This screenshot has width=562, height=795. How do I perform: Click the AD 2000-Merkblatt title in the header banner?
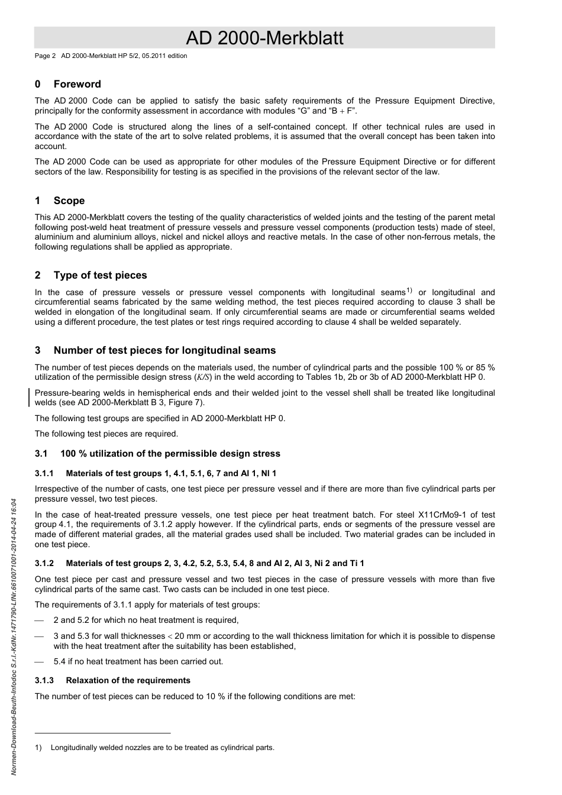(x=264, y=38)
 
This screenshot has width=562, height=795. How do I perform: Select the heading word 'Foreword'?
(x=77, y=85)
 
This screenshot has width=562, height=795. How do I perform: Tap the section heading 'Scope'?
(x=69, y=201)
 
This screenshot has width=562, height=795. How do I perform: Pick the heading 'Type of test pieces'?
(x=100, y=276)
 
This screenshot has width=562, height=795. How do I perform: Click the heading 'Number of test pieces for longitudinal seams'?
(x=164, y=351)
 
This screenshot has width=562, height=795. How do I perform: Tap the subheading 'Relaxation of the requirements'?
(x=128, y=681)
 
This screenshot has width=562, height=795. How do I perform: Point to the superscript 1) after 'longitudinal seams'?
(x=409, y=290)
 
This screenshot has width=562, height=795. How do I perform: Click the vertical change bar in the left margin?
(x=30, y=397)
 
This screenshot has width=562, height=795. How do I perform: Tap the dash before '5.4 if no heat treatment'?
(x=40, y=662)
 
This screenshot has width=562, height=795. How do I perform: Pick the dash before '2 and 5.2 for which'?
(x=40, y=621)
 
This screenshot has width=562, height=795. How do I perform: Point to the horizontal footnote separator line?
(x=102, y=733)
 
